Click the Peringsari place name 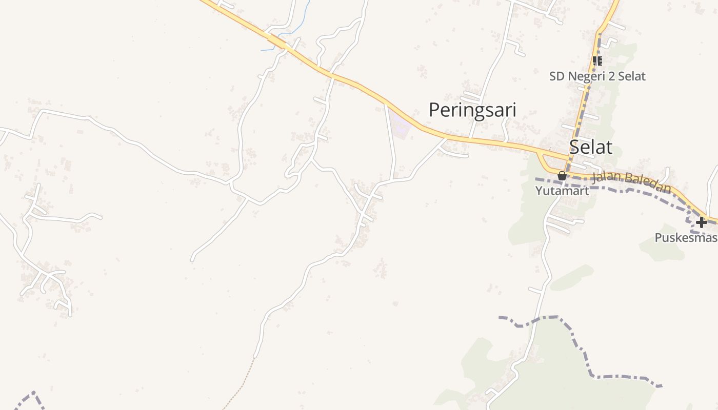click(x=472, y=110)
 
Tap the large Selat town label click(x=591, y=147)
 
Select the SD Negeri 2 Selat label click(x=597, y=76)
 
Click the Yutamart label click(x=562, y=191)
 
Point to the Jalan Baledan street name click(x=631, y=182)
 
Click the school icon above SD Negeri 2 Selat click(x=597, y=61)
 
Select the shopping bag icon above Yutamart click(x=562, y=176)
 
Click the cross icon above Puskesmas click(x=701, y=222)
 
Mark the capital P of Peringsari click(x=434, y=110)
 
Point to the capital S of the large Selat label click(x=575, y=147)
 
